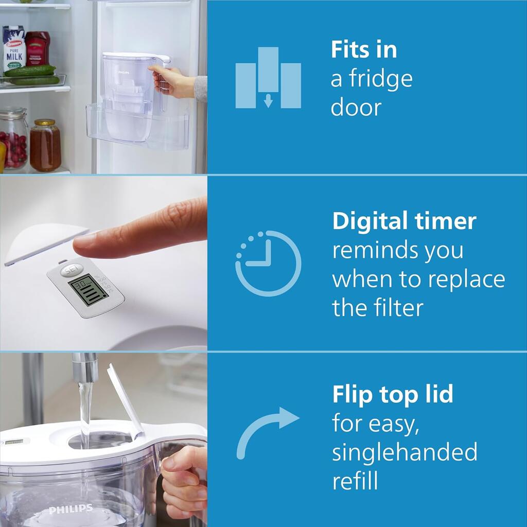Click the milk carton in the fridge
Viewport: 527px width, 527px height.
tap(14, 50)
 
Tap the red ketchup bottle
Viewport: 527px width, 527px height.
tap(38, 48)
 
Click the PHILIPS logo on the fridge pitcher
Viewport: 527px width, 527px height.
tap(124, 74)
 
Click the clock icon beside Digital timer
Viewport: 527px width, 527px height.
tap(268, 263)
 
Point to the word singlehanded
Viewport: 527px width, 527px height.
tap(405, 452)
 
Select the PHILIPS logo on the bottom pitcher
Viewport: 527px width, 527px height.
tap(71, 510)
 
